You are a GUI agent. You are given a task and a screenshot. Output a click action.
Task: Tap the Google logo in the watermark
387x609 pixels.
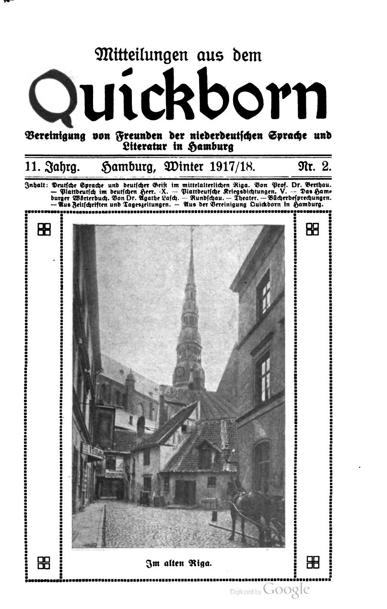[x=286, y=590]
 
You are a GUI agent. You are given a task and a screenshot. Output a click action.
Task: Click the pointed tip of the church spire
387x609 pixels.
[x=191, y=231]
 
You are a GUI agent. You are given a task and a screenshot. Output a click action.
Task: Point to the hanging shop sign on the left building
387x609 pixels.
[x=92, y=451]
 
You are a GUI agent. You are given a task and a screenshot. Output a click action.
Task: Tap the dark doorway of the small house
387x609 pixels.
[x=185, y=492]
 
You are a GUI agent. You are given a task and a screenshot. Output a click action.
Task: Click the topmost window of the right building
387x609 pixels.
[x=263, y=292]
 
